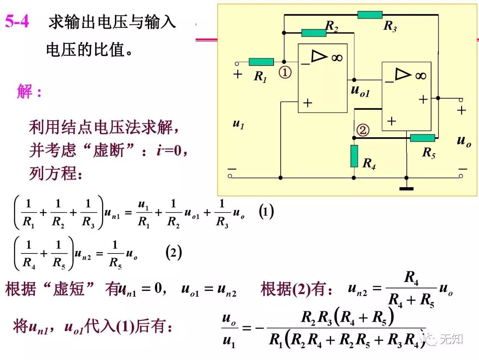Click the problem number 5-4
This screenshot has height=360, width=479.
point(17,21)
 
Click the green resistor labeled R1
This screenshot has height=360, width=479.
point(261,62)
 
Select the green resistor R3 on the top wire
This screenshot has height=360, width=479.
point(370,15)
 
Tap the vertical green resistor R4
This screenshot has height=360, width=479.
point(354,156)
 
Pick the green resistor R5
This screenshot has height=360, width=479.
point(422,138)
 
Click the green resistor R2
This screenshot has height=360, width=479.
point(314,33)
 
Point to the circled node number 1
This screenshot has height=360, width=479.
point(285,72)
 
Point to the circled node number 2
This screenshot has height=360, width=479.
point(363,130)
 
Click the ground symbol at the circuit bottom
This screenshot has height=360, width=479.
point(406,188)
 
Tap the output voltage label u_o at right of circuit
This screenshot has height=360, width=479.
point(464,141)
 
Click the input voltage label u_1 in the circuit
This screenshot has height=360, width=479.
point(238,123)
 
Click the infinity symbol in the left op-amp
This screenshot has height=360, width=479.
point(337,57)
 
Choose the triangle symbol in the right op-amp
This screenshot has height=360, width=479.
point(403,74)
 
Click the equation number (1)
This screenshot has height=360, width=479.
point(266,212)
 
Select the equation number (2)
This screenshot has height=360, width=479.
point(174,253)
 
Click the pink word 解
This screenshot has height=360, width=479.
point(25,91)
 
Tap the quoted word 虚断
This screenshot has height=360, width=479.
point(109,150)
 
